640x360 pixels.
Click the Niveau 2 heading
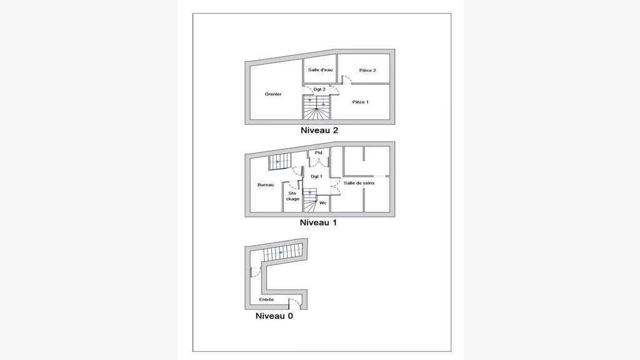click(x=319, y=131)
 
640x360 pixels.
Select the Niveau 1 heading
click(x=318, y=223)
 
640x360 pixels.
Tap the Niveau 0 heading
click(x=274, y=316)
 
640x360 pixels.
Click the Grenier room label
click(x=273, y=94)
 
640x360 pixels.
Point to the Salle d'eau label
click(x=321, y=70)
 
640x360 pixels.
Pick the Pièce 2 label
click(x=367, y=70)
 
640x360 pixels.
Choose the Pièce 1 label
click(x=361, y=102)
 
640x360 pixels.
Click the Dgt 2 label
click(x=319, y=89)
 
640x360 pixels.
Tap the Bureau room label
click(x=265, y=185)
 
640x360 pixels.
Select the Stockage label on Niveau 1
click(x=292, y=196)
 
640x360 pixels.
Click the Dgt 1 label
click(x=316, y=176)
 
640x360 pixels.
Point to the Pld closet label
click(x=318, y=152)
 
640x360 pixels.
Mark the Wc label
click(x=323, y=203)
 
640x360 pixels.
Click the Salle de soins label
click(x=359, y=183)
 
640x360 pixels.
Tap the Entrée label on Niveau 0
click(x=266, y=299)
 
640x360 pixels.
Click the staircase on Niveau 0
click(x=283, y=252)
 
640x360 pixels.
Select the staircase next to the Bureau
click(x=279, y=162)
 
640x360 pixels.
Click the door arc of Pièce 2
click(x=346, y=79)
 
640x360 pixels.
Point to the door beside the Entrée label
click(x=295, y=303)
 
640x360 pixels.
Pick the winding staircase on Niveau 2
click(x=316, y=107)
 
